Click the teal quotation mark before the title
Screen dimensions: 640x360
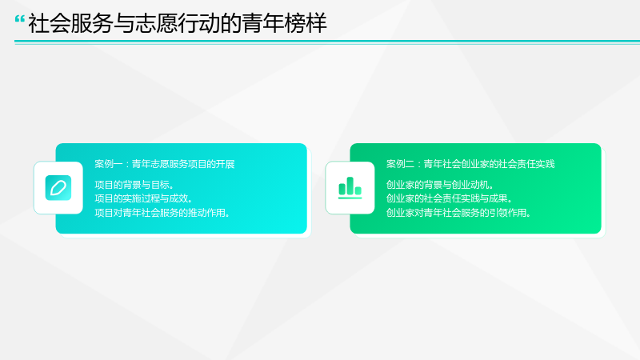coord(19,19)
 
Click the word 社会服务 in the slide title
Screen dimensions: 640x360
coord(70,23)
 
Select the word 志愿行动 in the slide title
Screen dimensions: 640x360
coord(177,23)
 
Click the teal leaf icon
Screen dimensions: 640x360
coord(58,188)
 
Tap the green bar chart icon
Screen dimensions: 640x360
coord(350,188)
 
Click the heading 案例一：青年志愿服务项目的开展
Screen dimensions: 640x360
coord(165,164)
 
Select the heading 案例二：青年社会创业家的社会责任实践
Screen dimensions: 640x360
coord(470,164)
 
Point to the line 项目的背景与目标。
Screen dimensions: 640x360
coord(134,185)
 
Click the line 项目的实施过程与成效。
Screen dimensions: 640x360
coord(143,198)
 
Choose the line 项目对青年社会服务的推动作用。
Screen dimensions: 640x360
coord(162,213)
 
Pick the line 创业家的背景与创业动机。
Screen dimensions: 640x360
coord(439,185)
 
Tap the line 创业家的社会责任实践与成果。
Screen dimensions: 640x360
coord(449,198)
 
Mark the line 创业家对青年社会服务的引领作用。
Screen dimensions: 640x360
coord(458,213)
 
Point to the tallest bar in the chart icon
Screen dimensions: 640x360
coord(350,186)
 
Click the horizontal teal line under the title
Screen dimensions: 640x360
coord(327,42)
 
